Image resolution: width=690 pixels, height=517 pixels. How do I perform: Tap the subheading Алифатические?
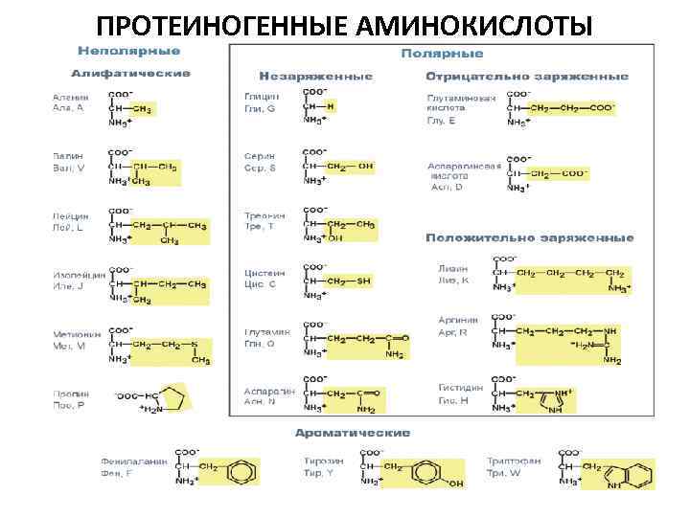pos(130,74)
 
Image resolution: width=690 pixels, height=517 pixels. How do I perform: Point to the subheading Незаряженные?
pos(315,76)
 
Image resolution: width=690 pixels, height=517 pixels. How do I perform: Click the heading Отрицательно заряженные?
pos(527,76)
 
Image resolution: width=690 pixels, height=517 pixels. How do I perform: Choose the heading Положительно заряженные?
pos(529,237)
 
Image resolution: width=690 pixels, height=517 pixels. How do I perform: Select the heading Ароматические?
pos(352,434)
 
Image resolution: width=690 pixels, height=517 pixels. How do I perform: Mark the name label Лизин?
pos(452,270)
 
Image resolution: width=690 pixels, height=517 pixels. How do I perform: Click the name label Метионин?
pos(71,334)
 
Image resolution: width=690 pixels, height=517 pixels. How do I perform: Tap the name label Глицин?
pos(261,97)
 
